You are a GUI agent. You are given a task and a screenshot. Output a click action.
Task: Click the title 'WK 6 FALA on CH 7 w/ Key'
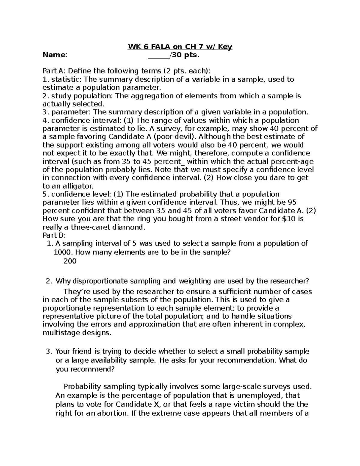pos(180,47)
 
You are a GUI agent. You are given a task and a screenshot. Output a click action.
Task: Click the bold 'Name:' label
pos(55,55)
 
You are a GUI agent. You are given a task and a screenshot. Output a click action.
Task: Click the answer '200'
pos(70,261)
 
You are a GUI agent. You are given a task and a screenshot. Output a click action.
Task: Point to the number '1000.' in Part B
pos(63,252)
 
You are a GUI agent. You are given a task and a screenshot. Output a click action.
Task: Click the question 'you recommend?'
pos(85,369)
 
